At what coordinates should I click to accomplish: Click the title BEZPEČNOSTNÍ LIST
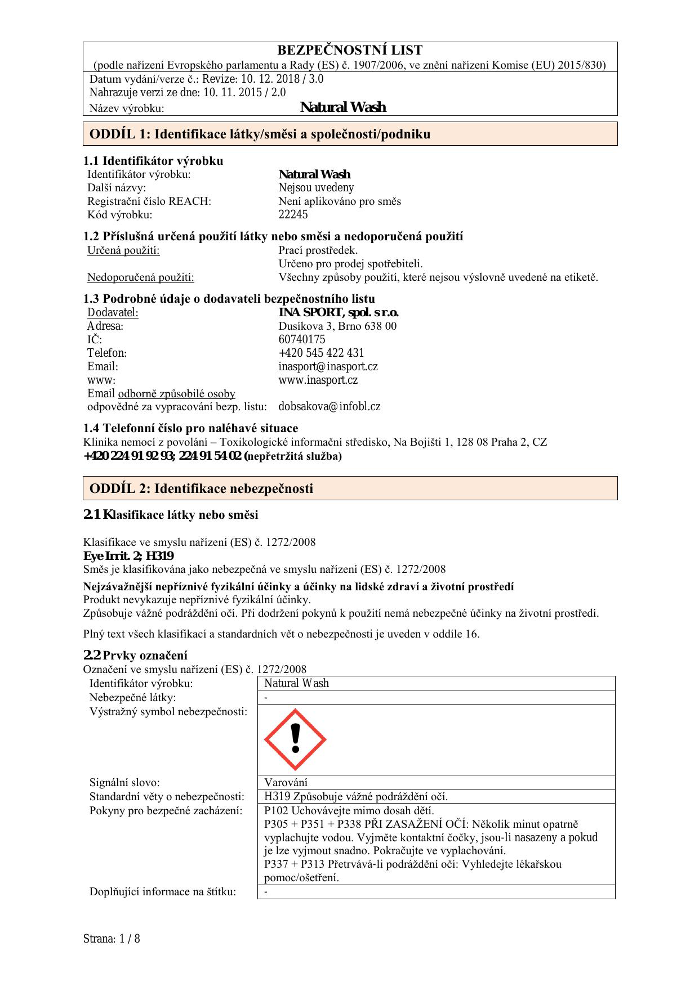[349, 50]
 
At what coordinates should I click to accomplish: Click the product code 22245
[293, 214]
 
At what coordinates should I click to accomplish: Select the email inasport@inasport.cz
[328, 366]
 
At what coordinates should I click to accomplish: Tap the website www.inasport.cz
[318, 380]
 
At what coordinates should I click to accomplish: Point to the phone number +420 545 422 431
[321, 353]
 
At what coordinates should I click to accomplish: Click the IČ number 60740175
[301, 339]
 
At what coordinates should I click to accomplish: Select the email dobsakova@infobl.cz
[329, 406]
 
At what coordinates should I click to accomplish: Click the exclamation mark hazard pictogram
[295, 739]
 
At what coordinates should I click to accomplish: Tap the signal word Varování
[286, 782]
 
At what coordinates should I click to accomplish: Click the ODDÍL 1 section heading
[260, 134]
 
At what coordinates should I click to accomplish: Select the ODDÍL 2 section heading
[201, 488]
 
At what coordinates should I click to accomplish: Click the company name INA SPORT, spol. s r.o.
[338, 312]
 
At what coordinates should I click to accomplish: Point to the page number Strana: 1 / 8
[112, 939]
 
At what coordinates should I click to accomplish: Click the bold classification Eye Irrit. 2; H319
[128, 556]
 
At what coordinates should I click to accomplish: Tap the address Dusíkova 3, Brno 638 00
[337, 326]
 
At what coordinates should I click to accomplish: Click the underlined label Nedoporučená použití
[140, 277]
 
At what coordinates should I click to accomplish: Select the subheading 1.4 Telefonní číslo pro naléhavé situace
[190, 428]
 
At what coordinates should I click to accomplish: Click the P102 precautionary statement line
[349, 810]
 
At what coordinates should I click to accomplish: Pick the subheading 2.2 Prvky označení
[135, 655]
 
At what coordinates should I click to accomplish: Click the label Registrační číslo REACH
[149, 201]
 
